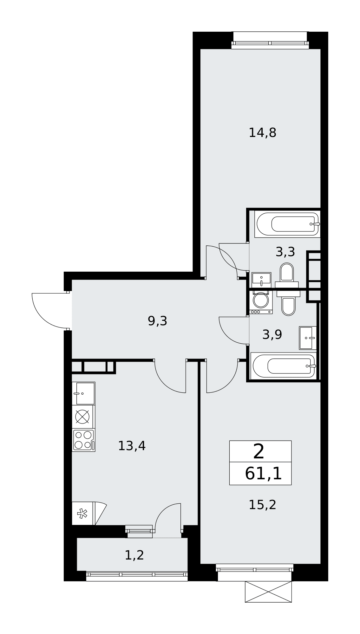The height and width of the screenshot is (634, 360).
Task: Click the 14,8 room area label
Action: (x=262, y=133)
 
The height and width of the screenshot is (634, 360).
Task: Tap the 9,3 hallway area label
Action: (x=157, y=321)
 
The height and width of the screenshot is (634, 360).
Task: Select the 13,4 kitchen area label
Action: (x=132, y=446)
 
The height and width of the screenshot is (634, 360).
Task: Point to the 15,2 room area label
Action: (x=262, y=505)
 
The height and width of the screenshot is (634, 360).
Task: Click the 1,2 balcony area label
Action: (x=134, y=555)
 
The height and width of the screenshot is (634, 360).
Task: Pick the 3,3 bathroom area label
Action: (x=285, y=252)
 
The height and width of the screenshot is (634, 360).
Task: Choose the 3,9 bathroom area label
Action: (x=272, y=334)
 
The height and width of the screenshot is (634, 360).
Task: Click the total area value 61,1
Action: (x=263, y=474)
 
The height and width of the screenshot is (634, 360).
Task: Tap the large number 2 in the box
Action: (x=259, y=452)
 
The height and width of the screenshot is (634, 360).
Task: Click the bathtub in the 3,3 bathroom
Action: (x=287, y=224)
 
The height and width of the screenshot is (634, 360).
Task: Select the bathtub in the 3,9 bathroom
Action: (x=284, y=366)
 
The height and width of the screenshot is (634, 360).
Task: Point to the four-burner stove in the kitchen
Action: (x=83, y=440)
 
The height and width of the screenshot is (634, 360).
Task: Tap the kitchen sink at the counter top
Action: (x=83, y=393)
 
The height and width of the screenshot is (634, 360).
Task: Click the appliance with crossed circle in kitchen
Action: (x=82, y=417)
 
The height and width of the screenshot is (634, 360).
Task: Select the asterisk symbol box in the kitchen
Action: (x=82, y=513)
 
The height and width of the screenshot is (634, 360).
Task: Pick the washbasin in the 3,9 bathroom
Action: (x=308, y=338)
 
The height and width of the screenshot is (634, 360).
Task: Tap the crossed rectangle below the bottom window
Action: (x=268, y=592)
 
